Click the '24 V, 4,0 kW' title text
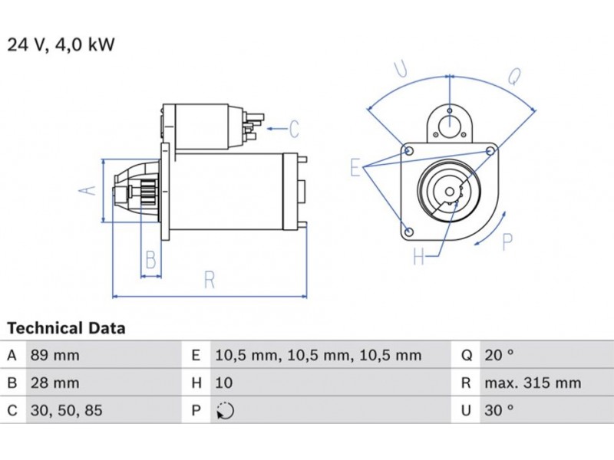pos(61,44)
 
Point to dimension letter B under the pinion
pos(151,261)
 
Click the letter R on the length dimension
pos(209,280)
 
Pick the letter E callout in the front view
pos(355,168)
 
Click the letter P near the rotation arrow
pos(507,242)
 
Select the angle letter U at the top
pos(401,70)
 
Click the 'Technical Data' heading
pos(66,329)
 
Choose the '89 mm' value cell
pos(54,355)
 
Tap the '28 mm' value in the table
pos(54,383)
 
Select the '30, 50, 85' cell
pos(65,410)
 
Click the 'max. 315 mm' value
pos(532,383)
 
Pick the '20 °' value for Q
pos(498,355)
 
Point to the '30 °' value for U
pos(498,410)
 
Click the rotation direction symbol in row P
pos(225,411)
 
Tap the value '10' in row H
pos(224,383)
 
